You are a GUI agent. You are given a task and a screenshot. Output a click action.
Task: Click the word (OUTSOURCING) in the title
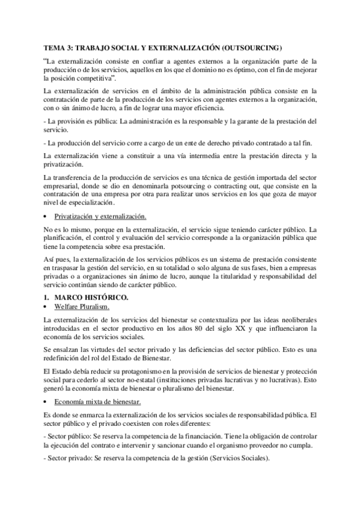251,47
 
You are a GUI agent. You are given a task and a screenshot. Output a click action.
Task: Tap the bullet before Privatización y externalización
47,216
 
